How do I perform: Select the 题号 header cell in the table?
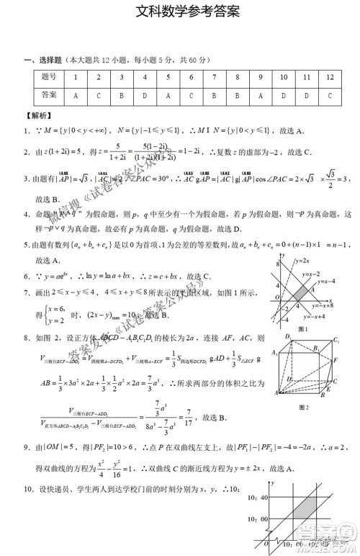click(x=49, y=77)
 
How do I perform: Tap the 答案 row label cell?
click(x=49, y=94)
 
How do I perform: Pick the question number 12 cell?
click(x=329, y=77)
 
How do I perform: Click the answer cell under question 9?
click(x=260, y=94)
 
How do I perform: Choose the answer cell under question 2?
click(x=99, y=94)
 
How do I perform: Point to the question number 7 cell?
click(x=214, y=77)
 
